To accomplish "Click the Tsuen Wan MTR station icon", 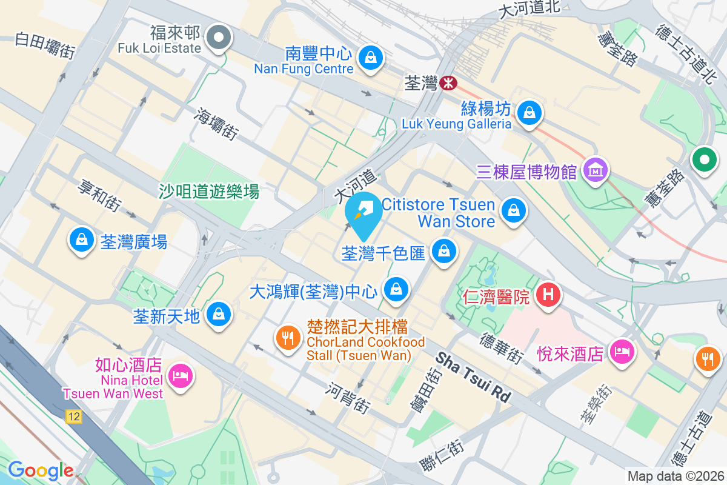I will click(448, 83).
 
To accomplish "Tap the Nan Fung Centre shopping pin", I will click(369, 58).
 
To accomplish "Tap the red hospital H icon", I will click(548, 295).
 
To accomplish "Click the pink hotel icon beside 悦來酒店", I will click(622, 351).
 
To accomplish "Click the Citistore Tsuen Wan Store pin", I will click(514, 210).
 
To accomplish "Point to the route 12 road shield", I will click(74, 416).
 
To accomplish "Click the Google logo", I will click(41, 470).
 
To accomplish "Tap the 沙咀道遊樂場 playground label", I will click(209, 192).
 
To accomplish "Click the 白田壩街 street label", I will click(45, 46).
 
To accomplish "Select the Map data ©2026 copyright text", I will click(676, 476).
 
